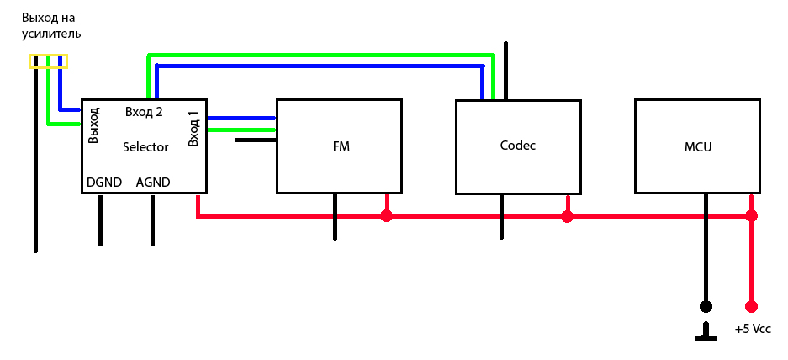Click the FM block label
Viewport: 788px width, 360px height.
coord(341,146)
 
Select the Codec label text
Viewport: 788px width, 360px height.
coord(518,145)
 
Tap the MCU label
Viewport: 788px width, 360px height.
coord(698,146)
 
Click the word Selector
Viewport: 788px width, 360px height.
coord(145,147)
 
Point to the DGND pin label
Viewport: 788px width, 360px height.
coord(104,182)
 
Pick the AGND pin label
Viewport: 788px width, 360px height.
coord(153,182)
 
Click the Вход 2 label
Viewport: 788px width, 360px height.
coord(144,111)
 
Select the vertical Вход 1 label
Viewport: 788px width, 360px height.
coord(193,127)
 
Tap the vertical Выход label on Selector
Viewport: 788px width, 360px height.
coord(93,124)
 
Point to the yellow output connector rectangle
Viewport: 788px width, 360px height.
coord(48,61)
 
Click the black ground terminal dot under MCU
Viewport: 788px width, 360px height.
coord(706,306)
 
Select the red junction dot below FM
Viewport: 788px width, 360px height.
coord(387,216)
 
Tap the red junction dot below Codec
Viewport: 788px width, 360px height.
coord(567,216)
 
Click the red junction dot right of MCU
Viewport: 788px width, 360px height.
coord(751,216)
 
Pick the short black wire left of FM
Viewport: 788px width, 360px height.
coord(256,140)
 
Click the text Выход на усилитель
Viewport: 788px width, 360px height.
coord(50,26)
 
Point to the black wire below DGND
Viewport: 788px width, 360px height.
coord(100,220)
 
